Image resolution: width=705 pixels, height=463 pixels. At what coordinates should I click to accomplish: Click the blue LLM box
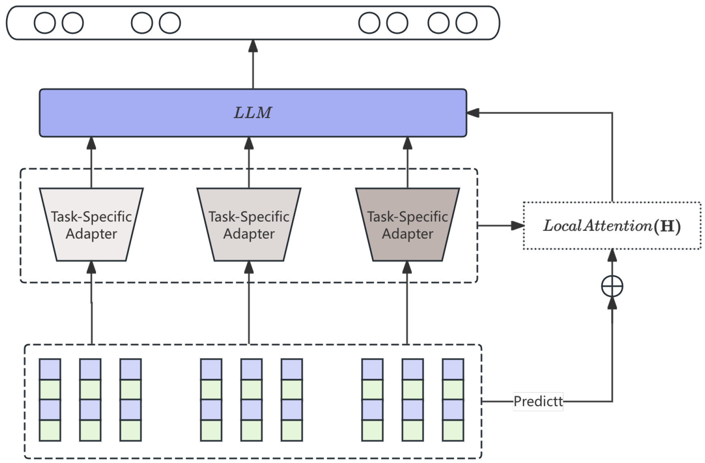click(x=162, y=113)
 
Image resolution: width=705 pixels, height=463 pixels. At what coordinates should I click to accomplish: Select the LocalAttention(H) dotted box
click(x=612, y=226)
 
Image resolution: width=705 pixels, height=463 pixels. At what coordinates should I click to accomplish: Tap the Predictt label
click(x=538, y=401)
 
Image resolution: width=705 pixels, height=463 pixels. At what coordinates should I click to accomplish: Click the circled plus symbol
click(x=612, y=286)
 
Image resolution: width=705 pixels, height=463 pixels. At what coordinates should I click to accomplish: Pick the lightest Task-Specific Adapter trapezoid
click(x=91, y=225)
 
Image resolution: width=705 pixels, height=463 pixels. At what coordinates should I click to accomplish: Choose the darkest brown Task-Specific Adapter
click(x=408, y=225)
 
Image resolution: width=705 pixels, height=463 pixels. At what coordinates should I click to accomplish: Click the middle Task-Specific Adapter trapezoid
click(x=249, y=225)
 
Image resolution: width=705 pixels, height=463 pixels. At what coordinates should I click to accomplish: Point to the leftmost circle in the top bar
click(x=45, y=23)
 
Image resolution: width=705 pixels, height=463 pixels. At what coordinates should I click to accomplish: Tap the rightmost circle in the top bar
click(x=466, y=23)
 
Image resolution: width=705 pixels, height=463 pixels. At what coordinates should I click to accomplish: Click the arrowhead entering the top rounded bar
click(x=253, y=46)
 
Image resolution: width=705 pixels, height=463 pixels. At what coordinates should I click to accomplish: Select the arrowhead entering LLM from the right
click(x=473, y=113)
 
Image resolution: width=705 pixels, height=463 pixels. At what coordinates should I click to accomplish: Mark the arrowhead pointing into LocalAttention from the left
click(x=518, y=226)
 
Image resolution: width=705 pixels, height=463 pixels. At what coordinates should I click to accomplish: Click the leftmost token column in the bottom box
click(x=50, y=400)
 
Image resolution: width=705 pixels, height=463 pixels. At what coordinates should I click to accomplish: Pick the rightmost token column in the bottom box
click(x=453, y=400)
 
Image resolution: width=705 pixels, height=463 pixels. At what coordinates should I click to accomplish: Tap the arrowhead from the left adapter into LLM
click(x=91, y=143)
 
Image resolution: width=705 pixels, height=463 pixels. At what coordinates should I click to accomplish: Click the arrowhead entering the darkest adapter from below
click(x=407, y=267)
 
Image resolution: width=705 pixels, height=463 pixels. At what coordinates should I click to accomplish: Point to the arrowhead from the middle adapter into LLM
click(x=249, y=143)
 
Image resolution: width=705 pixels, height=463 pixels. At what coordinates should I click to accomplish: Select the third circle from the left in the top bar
click(x=142, y=23)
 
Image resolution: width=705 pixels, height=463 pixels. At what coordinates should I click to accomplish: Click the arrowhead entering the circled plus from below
click(x=612, y=303)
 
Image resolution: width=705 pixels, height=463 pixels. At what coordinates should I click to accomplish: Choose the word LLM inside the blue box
click(x=253, y=113)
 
